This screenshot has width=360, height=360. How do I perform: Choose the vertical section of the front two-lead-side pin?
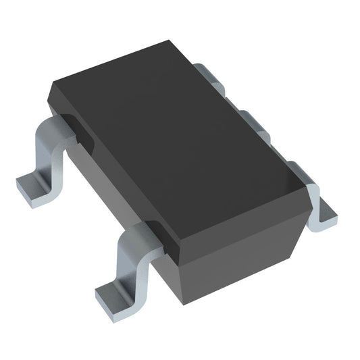tap(129, 267)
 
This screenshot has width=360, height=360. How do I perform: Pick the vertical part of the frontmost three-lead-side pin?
tap(314, 197)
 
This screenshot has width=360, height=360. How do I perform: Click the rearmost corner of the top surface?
tap(166, 41)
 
